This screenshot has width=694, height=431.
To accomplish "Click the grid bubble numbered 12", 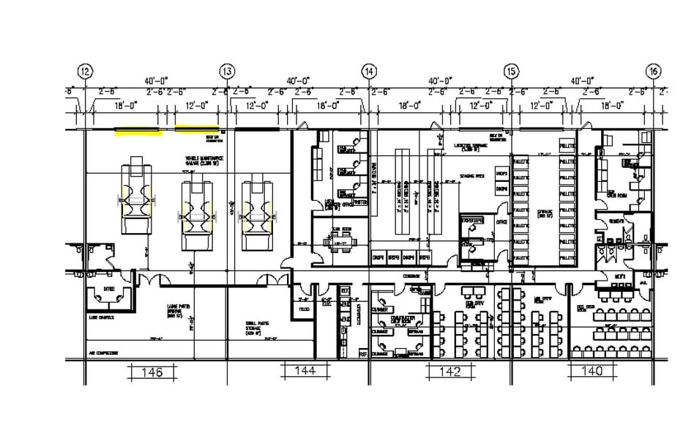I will [86, 72].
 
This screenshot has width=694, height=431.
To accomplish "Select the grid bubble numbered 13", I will [227, 72].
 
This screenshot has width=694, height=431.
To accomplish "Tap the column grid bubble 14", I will [369, 72].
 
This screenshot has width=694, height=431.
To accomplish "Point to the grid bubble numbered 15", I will [511, 72].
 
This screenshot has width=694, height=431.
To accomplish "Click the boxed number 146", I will [153, 372].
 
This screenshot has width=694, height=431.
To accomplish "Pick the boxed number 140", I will [592, 372].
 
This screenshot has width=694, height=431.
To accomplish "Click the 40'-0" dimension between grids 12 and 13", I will [156, 80].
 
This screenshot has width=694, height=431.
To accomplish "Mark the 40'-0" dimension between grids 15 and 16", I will [585, 80].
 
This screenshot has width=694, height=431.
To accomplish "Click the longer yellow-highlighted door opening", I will [138, 133].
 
